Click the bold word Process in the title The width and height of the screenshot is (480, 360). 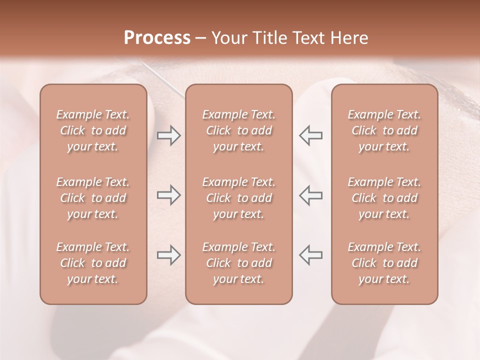click(157, 38)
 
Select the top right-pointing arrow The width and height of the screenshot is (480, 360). click(168, 135)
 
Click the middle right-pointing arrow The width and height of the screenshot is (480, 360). click(168, 195)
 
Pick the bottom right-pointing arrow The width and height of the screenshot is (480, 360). click(168, 255)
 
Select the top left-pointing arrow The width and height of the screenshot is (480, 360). click(311, 135)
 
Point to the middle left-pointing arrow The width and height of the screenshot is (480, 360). click(311, 195)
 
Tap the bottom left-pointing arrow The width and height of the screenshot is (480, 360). click(311, 255)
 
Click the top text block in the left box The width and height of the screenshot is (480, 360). click(93, 130)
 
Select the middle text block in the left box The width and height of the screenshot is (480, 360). click(93, 198)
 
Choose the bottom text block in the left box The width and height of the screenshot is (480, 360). click(93, 263)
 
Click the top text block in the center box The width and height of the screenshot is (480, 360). click(239, 130)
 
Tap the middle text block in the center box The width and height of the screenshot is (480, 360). click(239, 198)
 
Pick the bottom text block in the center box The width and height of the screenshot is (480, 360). click(239, 263)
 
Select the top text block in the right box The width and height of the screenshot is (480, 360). click(384, 130)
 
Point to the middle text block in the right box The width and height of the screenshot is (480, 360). click(384, 198)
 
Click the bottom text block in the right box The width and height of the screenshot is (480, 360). click(384, 263)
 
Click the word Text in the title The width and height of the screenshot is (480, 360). click(308, 38)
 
